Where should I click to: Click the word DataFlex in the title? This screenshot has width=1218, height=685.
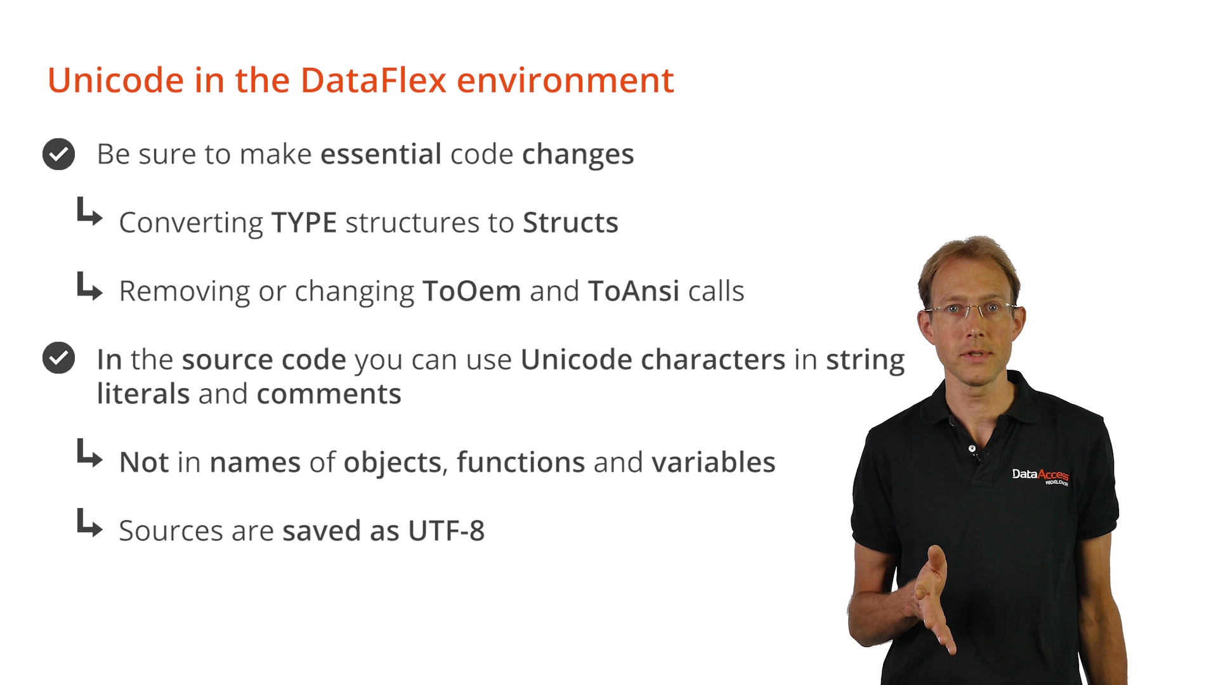pos(374,81)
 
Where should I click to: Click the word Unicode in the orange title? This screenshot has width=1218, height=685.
pos(116,81)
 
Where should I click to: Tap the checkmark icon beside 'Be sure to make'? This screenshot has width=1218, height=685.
pos(58,154)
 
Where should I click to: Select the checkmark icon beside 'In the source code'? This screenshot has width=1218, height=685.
pos(58,358)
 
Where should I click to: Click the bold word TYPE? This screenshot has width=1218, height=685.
pos(304,223)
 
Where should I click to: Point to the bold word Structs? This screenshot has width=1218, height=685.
pos(570,223)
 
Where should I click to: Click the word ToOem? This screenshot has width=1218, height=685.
pos(472,291)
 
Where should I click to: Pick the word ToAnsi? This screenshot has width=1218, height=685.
pos(634,291)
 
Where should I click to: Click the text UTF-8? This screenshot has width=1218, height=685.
pos(447,531)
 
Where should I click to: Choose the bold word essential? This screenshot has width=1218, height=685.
pos(381,154)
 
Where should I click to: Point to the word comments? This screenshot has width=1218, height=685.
pos(329,394)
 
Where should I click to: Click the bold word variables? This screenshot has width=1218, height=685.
pos(714,462)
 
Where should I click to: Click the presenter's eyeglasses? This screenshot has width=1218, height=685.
pos(972,310)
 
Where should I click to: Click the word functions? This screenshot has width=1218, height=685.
pos(520,462)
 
